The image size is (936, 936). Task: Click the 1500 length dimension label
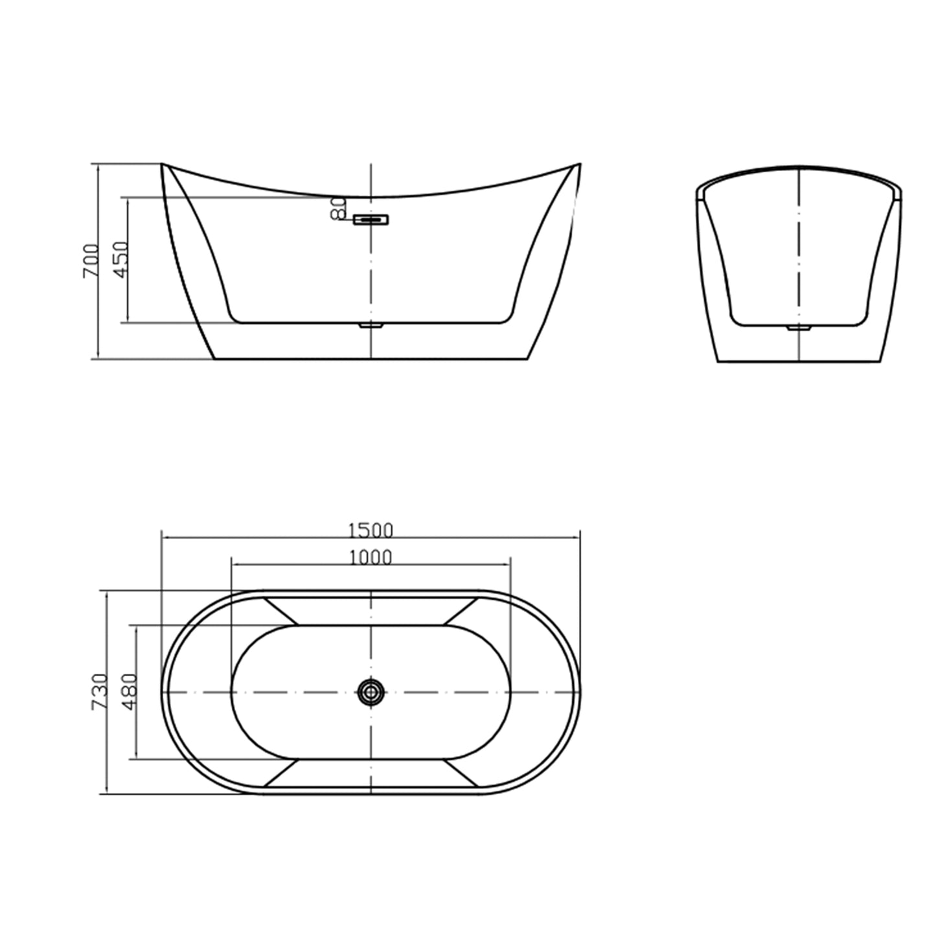(x=371, y=531)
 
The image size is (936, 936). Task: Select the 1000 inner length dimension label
(x=371, y=557)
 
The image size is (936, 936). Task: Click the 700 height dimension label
(x=90, y=261)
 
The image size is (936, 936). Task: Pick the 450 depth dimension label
(x=120, y=260)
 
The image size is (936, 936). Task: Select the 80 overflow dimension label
(x=338, y=209)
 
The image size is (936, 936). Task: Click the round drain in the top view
(x=371, y=692)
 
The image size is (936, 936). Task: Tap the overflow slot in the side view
(x=371, y=220)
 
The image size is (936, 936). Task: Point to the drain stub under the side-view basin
(x=371, y=326)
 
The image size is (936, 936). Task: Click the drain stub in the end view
(x=799, y=328)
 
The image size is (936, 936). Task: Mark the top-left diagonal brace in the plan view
(x=280, y=611)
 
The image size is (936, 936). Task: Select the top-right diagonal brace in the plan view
(x=461, y=611)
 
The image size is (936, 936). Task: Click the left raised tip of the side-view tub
(x=162, y=165)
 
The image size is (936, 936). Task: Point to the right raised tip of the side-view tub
(x=580, y=165)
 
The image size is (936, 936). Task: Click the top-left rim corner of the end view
(x=698, y=188)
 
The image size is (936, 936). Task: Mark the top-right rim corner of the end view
(x=900, y=188)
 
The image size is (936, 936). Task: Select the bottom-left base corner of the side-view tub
(x=215, y=358)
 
